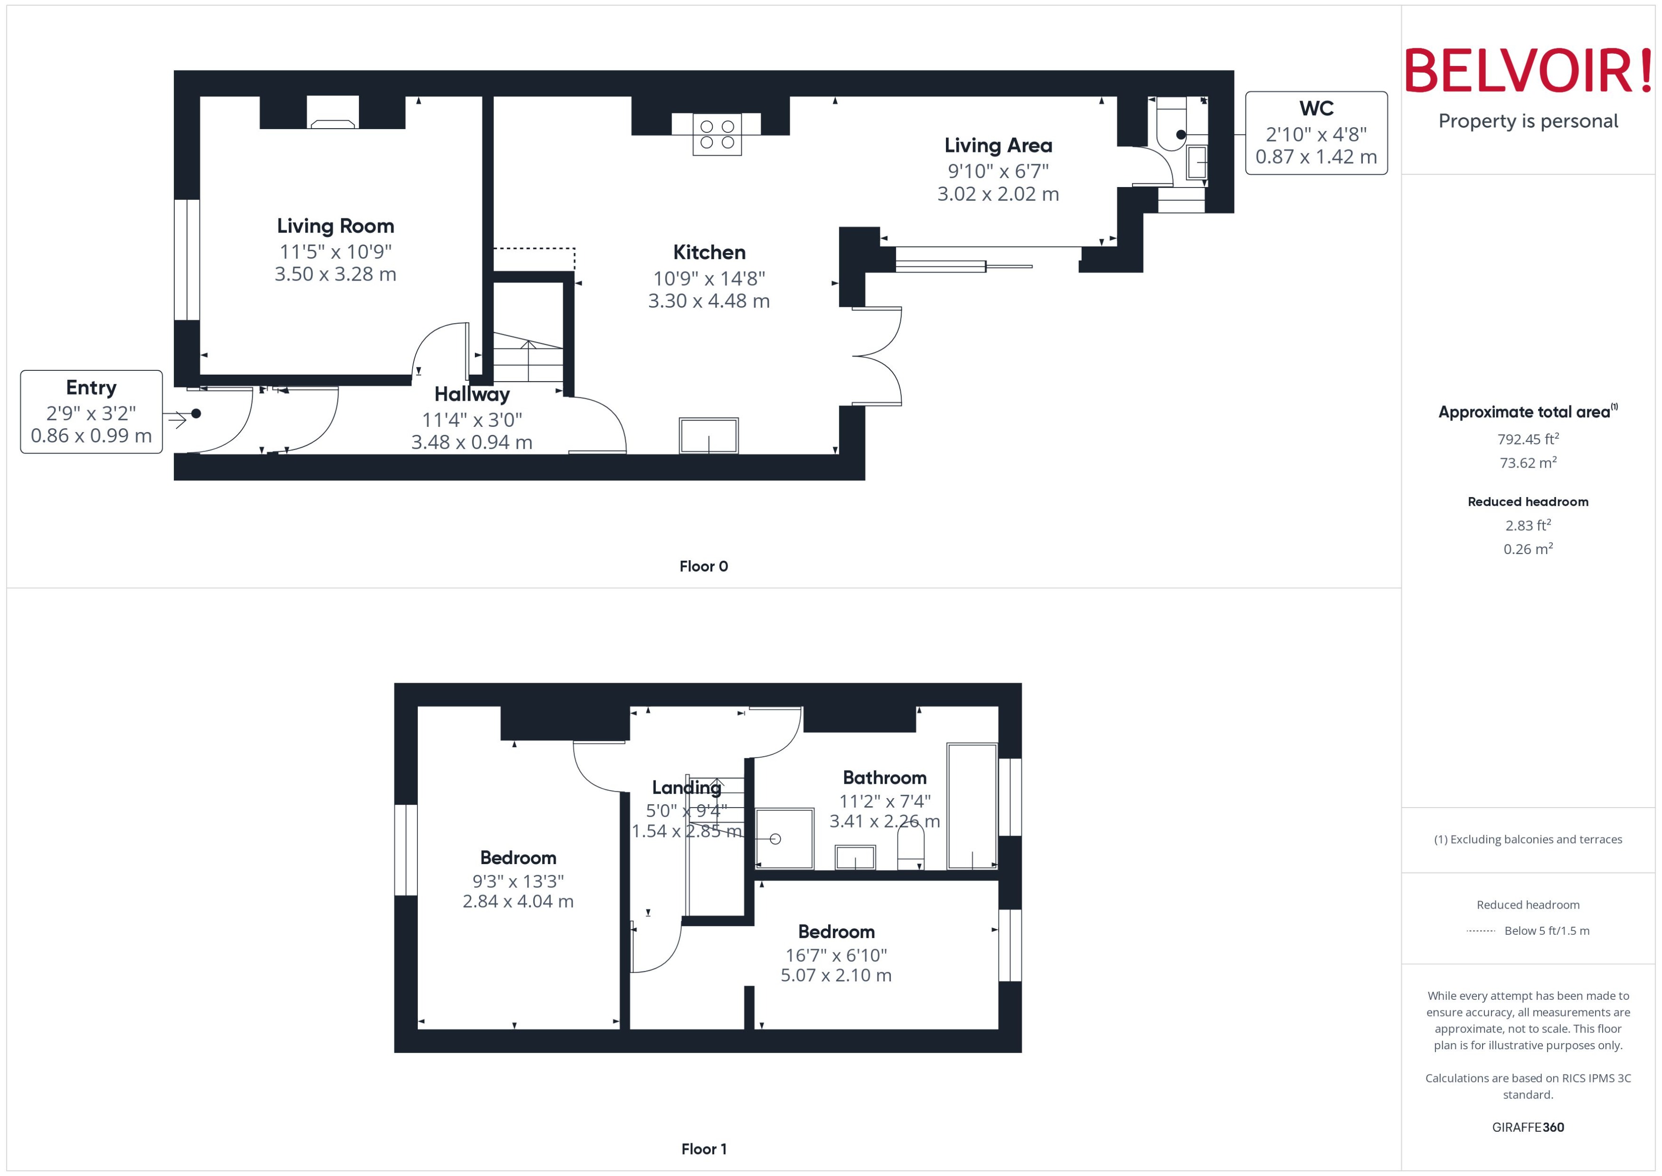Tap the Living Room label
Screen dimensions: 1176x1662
pyautogui.click(x=335, y=226)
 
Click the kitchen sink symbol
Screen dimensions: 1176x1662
pyautogui.click(x=708, y=436)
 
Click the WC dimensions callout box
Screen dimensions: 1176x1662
pyautogui.click(x=1316, y=133)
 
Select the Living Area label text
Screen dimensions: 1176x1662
pyautogui.click(x=998, y=146)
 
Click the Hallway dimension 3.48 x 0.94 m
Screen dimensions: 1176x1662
pyautogui.click(x=472, y=442)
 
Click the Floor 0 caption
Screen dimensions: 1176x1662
pyautogui.click(x=703, y=567)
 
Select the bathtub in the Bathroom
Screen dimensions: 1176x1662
pyautogui.click(x=972, y=806)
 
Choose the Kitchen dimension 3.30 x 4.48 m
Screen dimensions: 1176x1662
pyautogui.click(x=708, y=301)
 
